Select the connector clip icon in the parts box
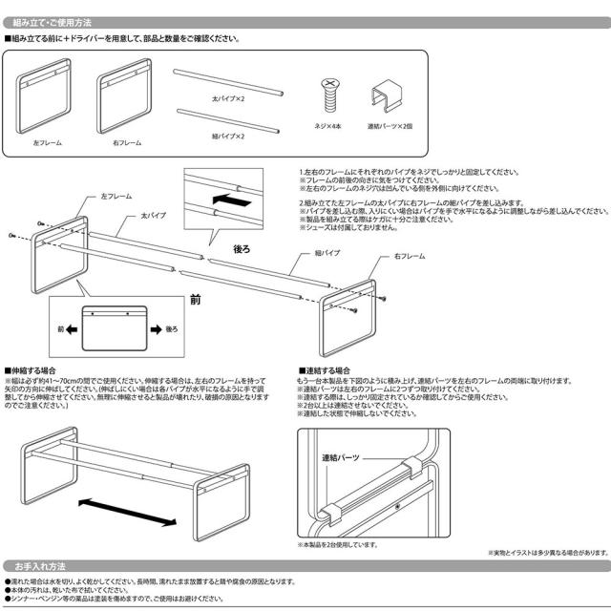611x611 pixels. coord(386,97)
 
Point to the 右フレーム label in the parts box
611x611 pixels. coord(128,142)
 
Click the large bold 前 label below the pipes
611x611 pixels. coord(194,300)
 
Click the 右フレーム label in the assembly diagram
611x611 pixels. coord(381,258)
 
